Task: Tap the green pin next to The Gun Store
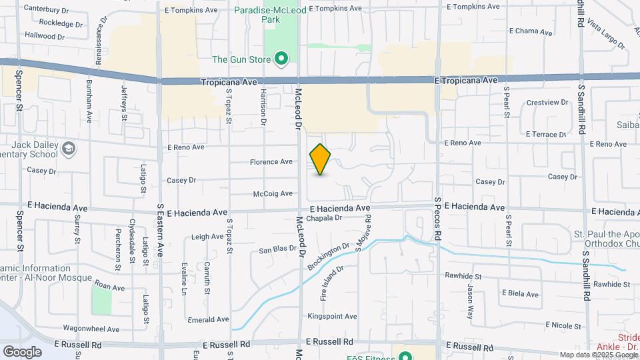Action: click(281, 59)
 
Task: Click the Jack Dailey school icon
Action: click(68, 148)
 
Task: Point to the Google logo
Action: click(22, 351)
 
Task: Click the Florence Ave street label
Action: click(271, 162)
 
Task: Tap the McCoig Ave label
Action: click(273, 194)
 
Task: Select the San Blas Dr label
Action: click(277, 250)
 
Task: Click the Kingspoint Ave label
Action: click(332, 316)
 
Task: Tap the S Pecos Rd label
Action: click(438, 217)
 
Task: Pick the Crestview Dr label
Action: click(547, 103)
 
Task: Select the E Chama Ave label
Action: click(531, 31)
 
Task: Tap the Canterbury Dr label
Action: click(46, 10)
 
